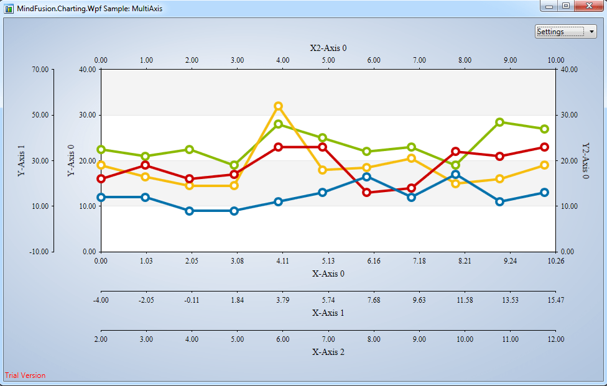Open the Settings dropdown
click(x=565, y=32)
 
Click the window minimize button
click(x=549, y=6)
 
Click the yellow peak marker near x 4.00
click(x=278, y=106)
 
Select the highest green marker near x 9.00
click(x=499, y=122)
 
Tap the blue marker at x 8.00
click(x=455, y=175)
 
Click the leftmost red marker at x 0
click(x=101, y=179)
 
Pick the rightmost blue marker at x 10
click(x=544, y=193)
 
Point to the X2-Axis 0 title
click(x=328, y=48)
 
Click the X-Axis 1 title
click(x=328, y=313)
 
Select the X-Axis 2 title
click(x=328, y=352)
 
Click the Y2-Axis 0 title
click(x=585, y=160)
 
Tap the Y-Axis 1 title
click(x=22, y=160)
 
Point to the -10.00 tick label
click(x=39, y=252)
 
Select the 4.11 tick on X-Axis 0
click(x=282, y=261)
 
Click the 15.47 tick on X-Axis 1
click(x=555, y=300)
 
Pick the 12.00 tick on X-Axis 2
click(x=555, y=339)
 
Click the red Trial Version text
click(x=25, y=375)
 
